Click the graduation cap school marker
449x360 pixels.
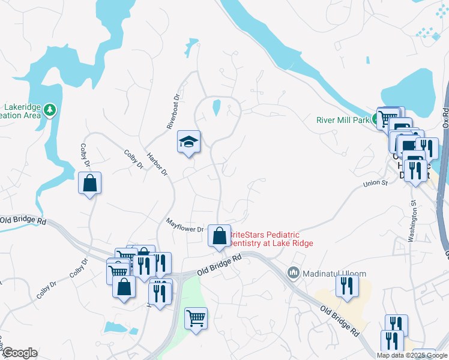(188, 142)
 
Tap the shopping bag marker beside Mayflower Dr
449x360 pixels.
(219, 235)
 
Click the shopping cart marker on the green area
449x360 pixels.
(196, 317)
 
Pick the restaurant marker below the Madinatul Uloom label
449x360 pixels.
(346, 285)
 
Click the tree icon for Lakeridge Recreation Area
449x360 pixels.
(50, 110)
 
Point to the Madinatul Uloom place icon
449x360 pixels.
(294, 273)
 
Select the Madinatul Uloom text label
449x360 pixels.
(333, 274)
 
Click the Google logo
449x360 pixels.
(19, 353)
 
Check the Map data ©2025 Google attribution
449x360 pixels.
(412, 355)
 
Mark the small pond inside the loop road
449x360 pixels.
(217, 108)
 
